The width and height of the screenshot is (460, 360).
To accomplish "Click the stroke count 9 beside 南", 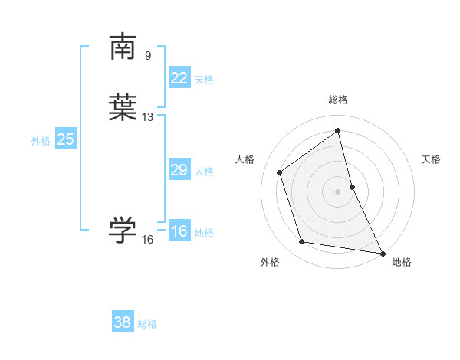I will coord(148,55).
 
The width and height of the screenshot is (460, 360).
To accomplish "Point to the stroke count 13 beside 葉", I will coord(148,117).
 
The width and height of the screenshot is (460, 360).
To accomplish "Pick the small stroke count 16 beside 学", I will coord(148,240).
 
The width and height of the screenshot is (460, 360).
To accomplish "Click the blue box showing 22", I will coord(179,77).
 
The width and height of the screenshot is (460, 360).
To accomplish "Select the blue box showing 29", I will coord(179,170).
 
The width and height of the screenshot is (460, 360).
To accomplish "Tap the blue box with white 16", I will coord(179,231).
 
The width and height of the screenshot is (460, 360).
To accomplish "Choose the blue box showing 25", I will coord(65,139).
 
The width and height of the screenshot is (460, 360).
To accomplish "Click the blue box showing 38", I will coord(123,322).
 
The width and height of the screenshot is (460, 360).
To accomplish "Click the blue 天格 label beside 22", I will coord(204,80).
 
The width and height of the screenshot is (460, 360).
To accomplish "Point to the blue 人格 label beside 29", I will coord(204,172).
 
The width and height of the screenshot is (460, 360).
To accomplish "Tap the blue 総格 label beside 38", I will coord(147,324).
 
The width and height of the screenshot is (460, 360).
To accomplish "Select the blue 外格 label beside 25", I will coord(41,141).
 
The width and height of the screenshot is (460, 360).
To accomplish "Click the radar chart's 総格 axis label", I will coord(338,100).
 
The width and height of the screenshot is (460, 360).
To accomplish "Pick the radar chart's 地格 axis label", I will coord(402,262).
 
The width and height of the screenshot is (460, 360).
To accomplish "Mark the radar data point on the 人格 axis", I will coord(280,172).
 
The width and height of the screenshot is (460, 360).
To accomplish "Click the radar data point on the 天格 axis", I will coord(352,186).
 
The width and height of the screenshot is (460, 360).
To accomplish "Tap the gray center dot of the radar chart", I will coord(338,191).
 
